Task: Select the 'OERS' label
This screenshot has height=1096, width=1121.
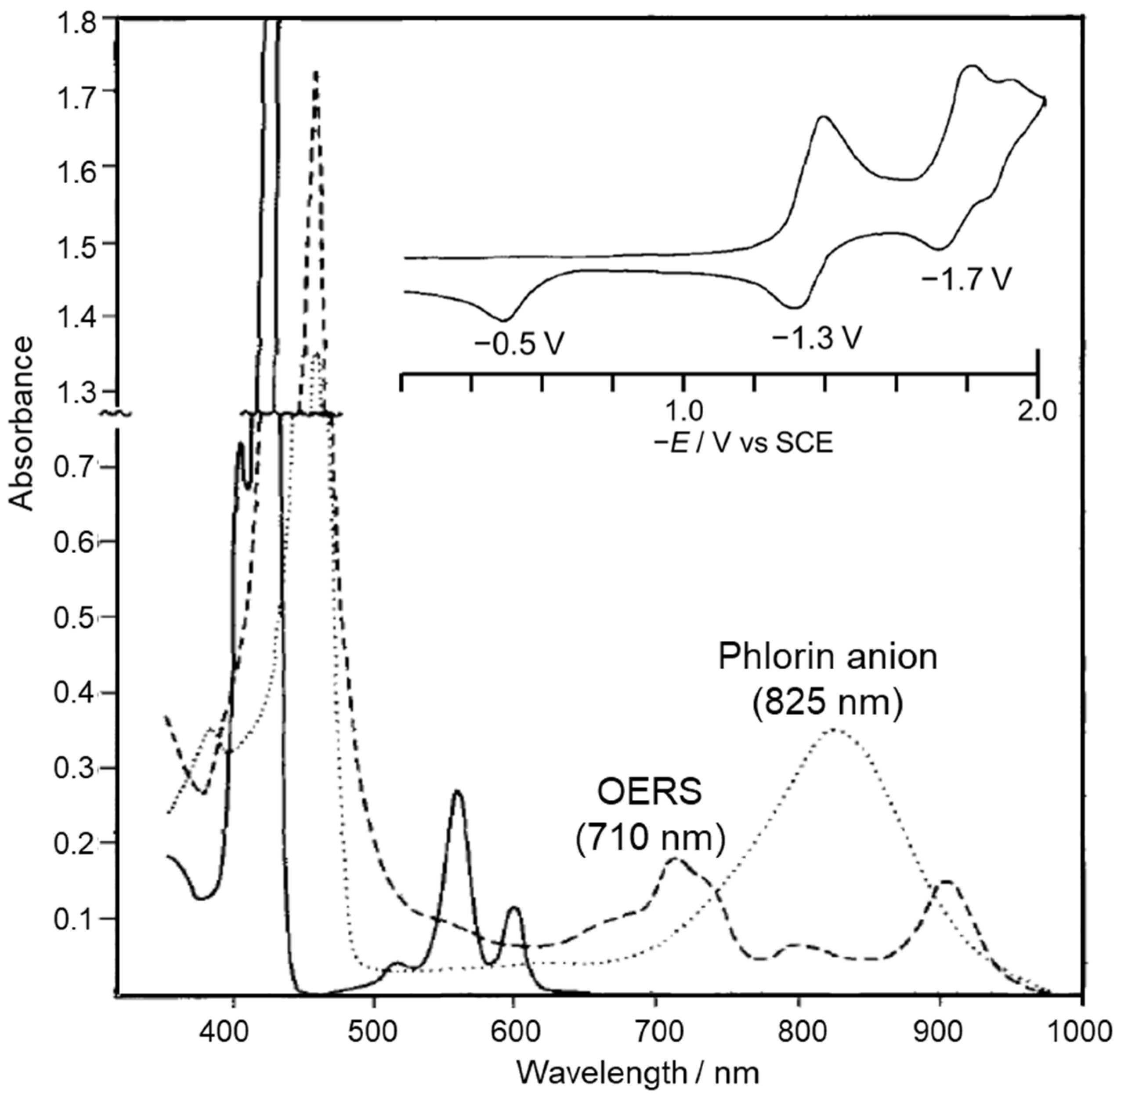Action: [650, 793]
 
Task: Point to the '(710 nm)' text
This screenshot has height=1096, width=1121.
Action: [650, 839]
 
